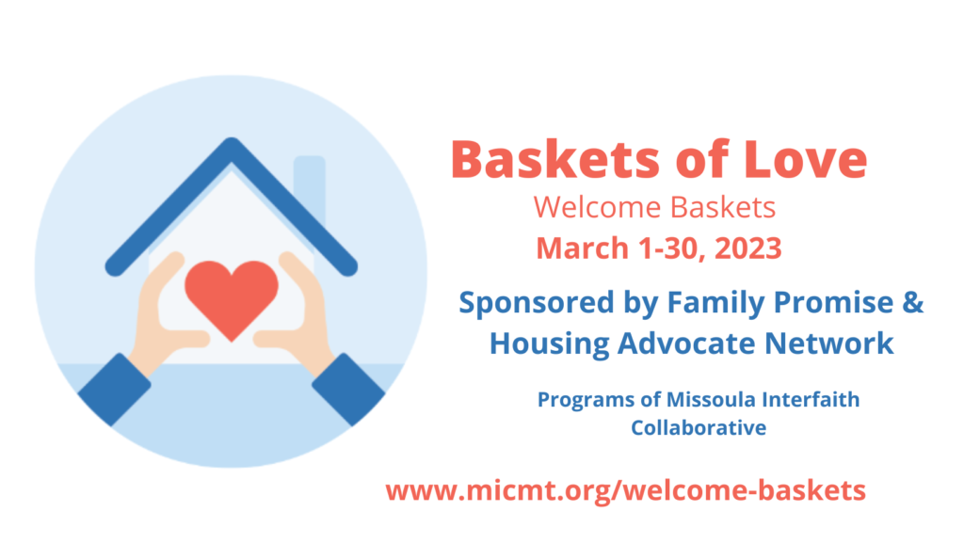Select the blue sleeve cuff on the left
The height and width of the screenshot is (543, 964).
click(114, 390)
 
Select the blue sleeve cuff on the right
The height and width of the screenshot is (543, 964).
click(348, 390)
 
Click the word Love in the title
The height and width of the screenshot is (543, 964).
click(806, 159)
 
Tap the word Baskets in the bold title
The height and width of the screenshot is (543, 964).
click(556, 159)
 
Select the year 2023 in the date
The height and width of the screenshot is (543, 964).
click(747, 248)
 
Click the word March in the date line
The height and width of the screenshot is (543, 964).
click(583, 248)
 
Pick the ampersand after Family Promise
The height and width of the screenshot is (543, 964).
click(913, 302)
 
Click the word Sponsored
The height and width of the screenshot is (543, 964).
click(537, 303)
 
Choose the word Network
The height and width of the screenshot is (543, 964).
click(828, 343)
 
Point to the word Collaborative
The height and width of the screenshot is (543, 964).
click(699, 427)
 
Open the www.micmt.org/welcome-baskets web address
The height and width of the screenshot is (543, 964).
click(626, 491)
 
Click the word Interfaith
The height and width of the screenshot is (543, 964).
click(811, 399)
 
